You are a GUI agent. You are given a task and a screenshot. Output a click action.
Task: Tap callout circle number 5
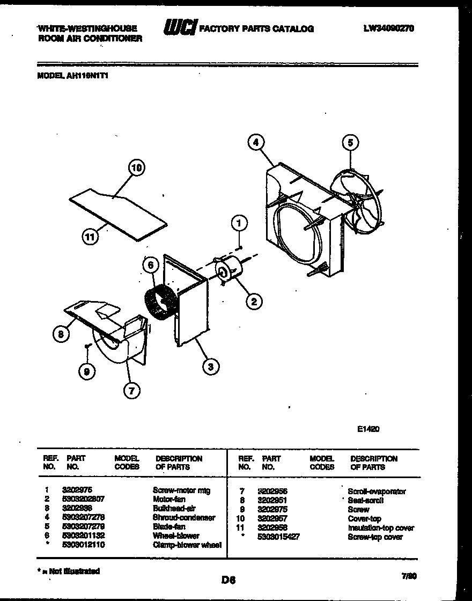click(x=350, y=143)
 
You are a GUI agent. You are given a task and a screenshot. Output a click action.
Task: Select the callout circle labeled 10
click(x=137, y=168)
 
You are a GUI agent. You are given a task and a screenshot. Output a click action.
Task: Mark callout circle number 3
click(x=210, y=367)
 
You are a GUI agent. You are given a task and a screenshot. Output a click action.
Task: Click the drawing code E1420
click(x=368, y=429)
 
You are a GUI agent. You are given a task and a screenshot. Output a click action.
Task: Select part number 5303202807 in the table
click(x=83, y=499)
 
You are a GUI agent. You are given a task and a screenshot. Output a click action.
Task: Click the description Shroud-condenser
click(x=184, y=518)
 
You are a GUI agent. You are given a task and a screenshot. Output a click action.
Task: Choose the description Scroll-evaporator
click(x=377, y=491)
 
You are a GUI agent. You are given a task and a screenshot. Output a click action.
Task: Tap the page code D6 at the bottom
click(x=228, y=579)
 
